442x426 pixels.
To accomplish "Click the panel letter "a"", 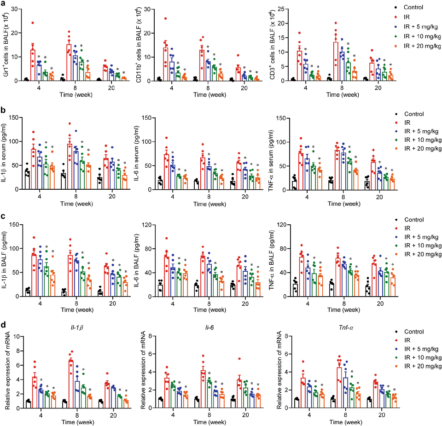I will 4,3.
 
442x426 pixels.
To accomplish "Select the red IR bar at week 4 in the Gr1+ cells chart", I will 33,65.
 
